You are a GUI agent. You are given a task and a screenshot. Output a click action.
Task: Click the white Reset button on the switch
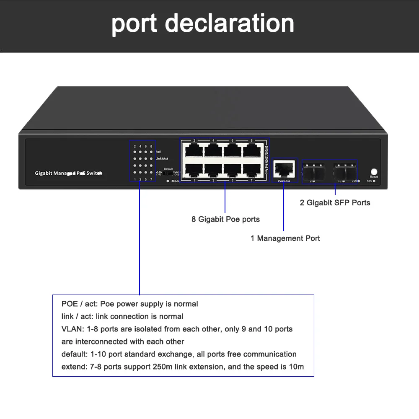374,171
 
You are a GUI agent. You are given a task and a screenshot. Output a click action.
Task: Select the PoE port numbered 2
194,150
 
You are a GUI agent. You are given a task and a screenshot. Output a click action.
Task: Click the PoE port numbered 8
251,150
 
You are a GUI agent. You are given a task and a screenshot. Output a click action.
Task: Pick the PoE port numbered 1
194,170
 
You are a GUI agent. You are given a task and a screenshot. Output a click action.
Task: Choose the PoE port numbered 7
251,170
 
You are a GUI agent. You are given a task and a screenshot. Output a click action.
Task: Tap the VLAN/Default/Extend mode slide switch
168,173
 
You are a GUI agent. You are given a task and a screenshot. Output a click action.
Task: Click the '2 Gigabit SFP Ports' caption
335,203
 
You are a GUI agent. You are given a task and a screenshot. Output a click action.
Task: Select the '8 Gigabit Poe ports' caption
225,219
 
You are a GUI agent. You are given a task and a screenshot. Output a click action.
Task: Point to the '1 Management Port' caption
285,238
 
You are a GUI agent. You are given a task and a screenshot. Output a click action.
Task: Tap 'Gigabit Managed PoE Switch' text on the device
68,173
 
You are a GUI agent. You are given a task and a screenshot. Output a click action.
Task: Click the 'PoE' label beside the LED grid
158,152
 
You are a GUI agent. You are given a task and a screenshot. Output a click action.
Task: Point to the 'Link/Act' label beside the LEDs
162,158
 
